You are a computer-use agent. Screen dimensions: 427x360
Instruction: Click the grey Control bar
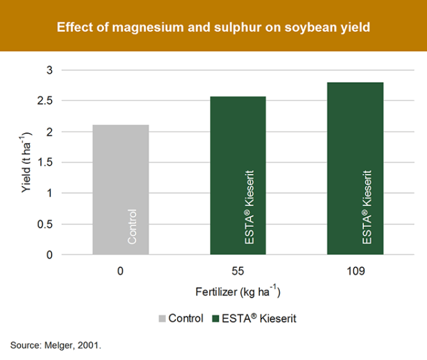pyautogui.click(x=121, y=190)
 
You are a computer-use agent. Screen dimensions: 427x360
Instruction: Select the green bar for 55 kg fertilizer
pyautogui.click(x=238, y=176)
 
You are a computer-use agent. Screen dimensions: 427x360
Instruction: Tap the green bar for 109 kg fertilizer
pyautogui.click(x=356, y=169)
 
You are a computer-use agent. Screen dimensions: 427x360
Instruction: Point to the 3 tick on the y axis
pyautogui.click(x=49, y=70)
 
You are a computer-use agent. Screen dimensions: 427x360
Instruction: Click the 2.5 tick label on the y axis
pyautogui.click(x=44, y=101)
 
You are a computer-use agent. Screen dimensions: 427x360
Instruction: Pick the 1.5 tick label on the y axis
pyautogui.click(x=45, y=163)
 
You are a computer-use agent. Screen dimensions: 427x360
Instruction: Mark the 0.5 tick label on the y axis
pyautogui.click(x=44, y=224)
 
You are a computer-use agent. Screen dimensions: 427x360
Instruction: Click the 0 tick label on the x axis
pyautogui.click(x=120, y=271)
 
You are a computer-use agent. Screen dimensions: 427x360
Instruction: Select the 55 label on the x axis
pyautogui.click(x=238, y=271)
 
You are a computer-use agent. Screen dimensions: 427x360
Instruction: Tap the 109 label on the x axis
pyautogui.click(x=356, y=271)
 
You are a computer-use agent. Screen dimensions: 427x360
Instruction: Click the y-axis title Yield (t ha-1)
pyautogui.click(x=26, y=163)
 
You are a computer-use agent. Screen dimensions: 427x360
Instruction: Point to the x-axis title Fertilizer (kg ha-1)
pyautogui.click(x=238, y=292)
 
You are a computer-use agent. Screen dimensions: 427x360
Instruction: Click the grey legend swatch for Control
pyautogui.click(x=162, y=319)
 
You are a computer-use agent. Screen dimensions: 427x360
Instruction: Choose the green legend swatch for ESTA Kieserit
pyautogui.click(x=216, y=319)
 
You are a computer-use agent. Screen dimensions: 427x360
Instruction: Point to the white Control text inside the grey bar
pyautogui.click(x=132, y=227)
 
